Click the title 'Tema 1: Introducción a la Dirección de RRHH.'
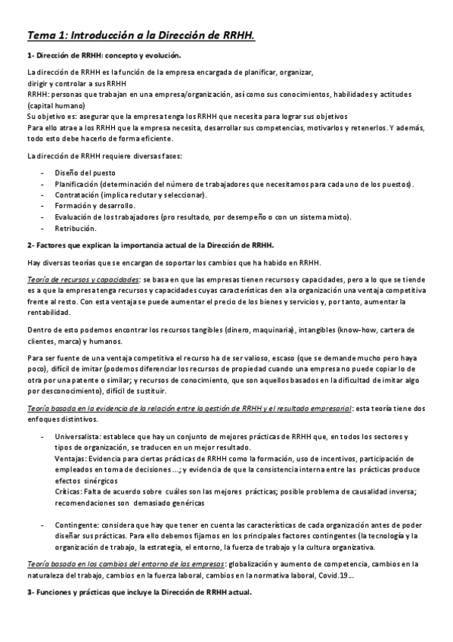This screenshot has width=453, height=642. click(x=141, y=35)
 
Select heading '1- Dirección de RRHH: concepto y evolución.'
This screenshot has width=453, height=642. click(x=104, y=56)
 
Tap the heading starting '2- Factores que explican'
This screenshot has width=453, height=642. click(x=150, y=245)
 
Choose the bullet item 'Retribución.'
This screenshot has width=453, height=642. click(x=76, y=227)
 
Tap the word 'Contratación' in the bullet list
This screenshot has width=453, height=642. click(x=78, y=195)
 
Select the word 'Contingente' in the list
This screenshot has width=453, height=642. click(x=77, y=525)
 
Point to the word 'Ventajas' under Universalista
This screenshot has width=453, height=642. click(x=70, y=459)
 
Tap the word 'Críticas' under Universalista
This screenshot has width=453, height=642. click(x=68, y=491)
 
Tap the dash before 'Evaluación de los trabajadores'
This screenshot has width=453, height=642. click(x=42, y=217)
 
